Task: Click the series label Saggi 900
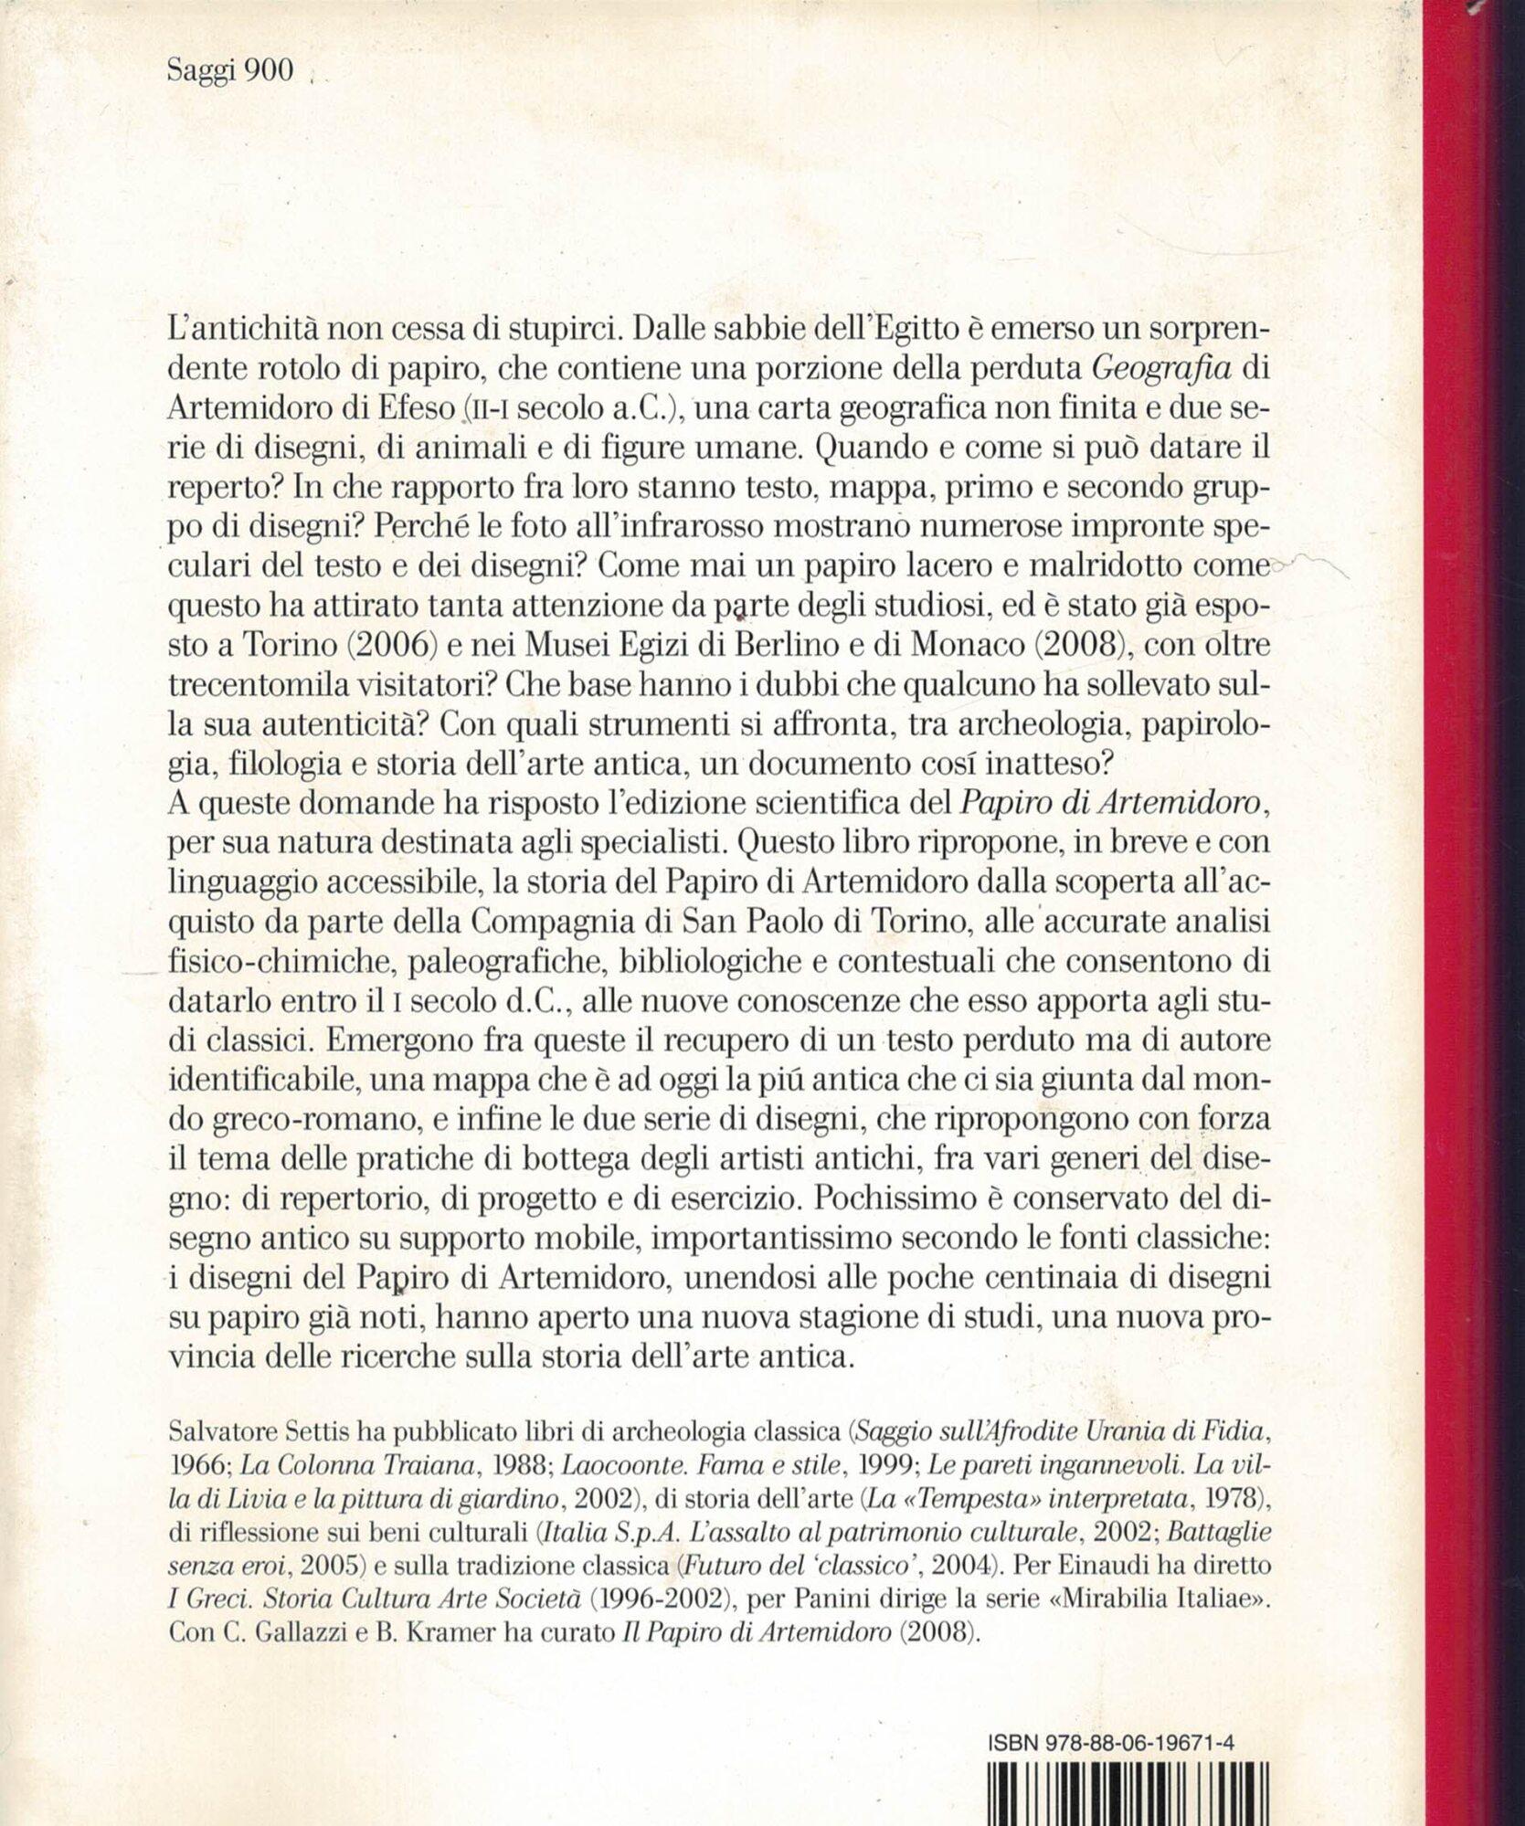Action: (x=231, y=72)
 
